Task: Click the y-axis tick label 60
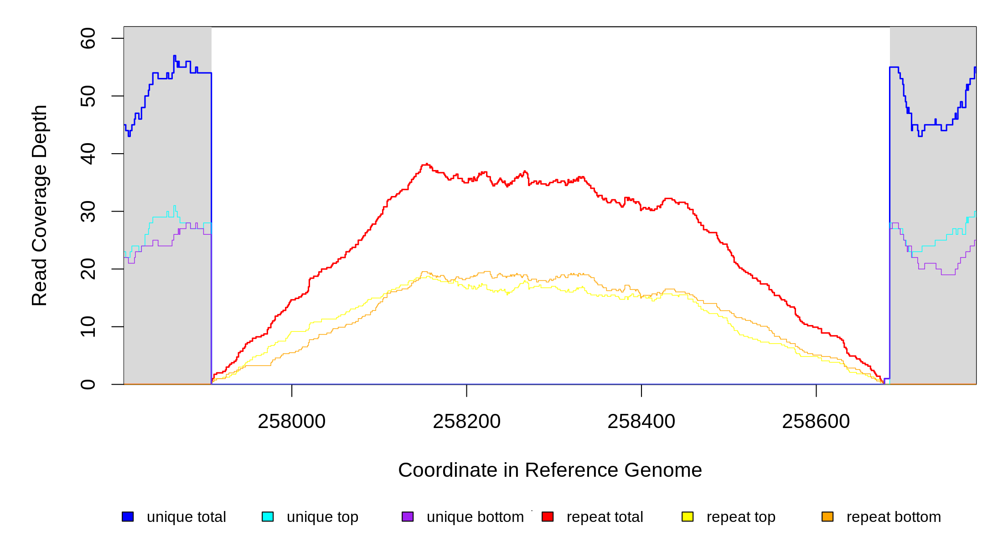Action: pos(88,38)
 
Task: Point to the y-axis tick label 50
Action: pos(88,96)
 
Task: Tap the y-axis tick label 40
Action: pos(88,154)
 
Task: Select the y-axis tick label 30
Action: pos(88,212)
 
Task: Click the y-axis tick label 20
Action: pos(88,269)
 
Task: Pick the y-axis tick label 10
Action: pos(88,327)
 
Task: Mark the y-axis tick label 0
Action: pos(88,384)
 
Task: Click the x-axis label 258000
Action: pos(292,422)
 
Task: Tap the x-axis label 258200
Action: pos(466,422)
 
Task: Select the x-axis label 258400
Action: pos(641,422)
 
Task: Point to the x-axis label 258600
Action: pos(816,422)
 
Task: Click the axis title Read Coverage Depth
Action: pos(39,205)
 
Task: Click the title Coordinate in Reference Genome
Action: pos(550,470)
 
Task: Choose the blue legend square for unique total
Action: pos(128,516)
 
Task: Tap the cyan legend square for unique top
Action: pos(268,516)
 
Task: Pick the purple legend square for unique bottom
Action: pos(408,516)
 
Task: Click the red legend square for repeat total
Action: pos(548,516)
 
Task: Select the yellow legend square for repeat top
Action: pos(688,516)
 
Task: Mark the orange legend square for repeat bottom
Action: pos(827,516)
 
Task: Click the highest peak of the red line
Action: pos(426,164)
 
